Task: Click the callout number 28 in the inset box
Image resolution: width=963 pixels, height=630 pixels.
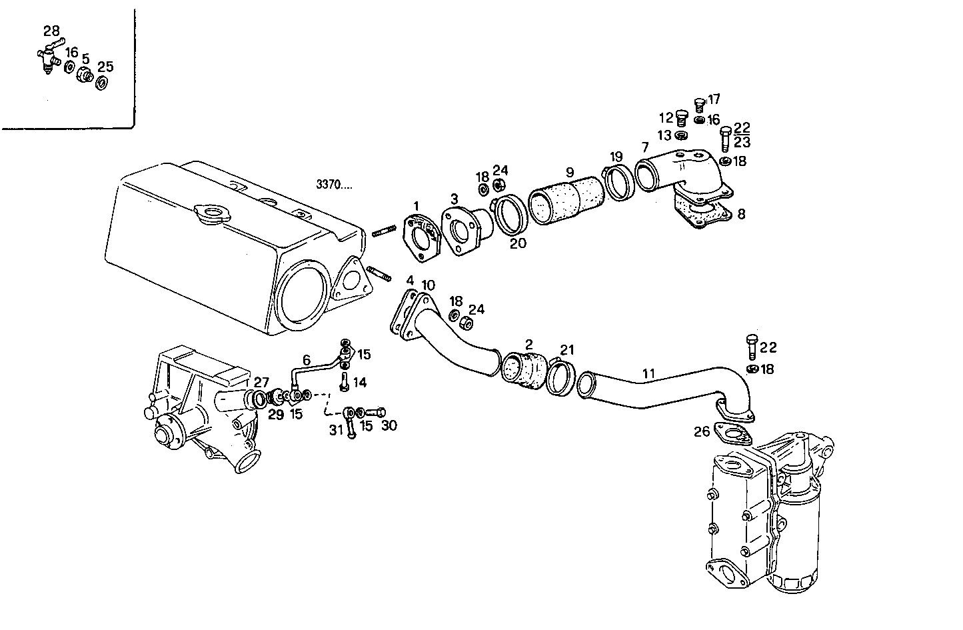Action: coord(51,31)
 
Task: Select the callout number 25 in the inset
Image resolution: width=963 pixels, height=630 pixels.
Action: coord(105,67)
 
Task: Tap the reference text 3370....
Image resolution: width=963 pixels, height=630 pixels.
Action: coord(335,185)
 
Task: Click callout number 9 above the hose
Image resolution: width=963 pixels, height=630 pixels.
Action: coord(570,172)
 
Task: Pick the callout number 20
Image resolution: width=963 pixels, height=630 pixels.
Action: coord(518,244)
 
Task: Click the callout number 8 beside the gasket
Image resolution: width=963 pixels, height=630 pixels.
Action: coord(741,214)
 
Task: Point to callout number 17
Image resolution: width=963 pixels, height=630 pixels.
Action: coord(714,99)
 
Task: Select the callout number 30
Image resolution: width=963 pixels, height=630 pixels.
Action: coord(389,425)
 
